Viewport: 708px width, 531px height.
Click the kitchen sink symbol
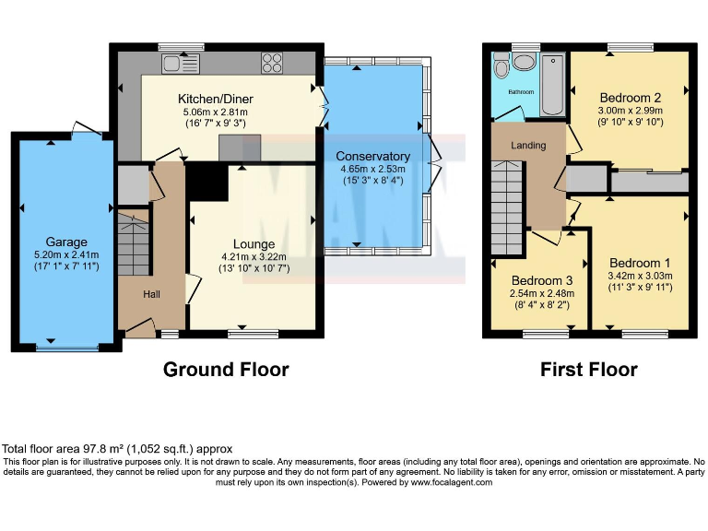(180, 63)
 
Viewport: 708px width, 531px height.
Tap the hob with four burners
(272, 63)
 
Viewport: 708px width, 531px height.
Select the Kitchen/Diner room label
(215, 99)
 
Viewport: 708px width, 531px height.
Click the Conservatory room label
(372, 156)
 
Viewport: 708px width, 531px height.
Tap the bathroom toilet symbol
(501, 65)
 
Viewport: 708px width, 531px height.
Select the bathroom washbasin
(524, 62)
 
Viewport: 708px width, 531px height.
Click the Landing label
(528, 146)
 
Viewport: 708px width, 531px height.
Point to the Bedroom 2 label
(630, 98)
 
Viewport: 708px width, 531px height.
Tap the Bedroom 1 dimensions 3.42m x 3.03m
(640, 276)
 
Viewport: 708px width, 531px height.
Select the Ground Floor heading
(226, 370)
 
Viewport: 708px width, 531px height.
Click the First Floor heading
(588, 370)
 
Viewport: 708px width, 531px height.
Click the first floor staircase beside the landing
(507, 208)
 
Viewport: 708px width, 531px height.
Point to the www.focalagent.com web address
(451, 482)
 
